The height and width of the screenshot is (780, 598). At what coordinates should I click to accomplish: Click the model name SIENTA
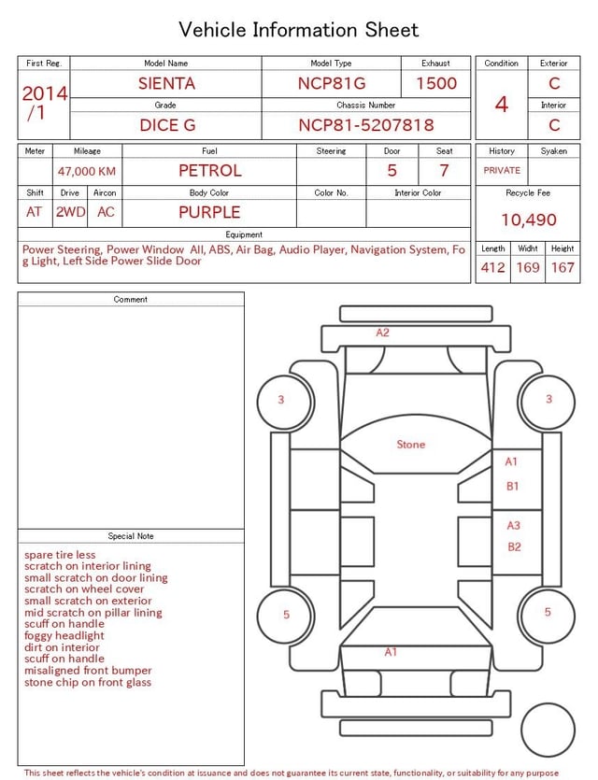(166, 83)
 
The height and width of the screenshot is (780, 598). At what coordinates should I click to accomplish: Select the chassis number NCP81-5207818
(366, 125)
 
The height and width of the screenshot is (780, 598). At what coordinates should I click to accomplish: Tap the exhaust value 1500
(436, 83)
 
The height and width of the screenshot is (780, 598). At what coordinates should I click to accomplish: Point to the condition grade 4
(502, 105)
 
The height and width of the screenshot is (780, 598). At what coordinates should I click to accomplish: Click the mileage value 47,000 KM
(87, 172)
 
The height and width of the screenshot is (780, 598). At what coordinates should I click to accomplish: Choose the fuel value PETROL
(210, 171)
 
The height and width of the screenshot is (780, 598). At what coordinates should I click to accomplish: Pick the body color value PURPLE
(209, 212)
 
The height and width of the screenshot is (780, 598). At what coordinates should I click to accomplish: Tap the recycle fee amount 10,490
(529, 220)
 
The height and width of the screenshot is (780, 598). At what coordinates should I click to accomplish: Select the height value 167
(562, 267)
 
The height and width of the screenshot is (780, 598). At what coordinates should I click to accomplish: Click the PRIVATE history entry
(502, 170)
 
